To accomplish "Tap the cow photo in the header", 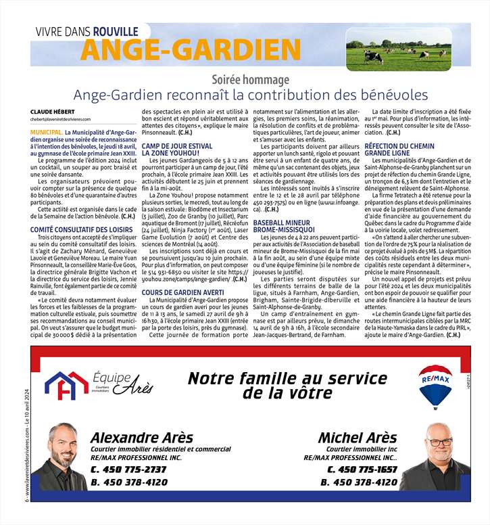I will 398,49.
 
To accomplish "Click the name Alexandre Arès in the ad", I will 141,437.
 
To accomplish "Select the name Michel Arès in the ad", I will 358,437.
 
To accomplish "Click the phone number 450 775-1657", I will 364,470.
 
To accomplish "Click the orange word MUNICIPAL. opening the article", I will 46,133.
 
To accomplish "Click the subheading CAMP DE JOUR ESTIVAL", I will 176,146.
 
